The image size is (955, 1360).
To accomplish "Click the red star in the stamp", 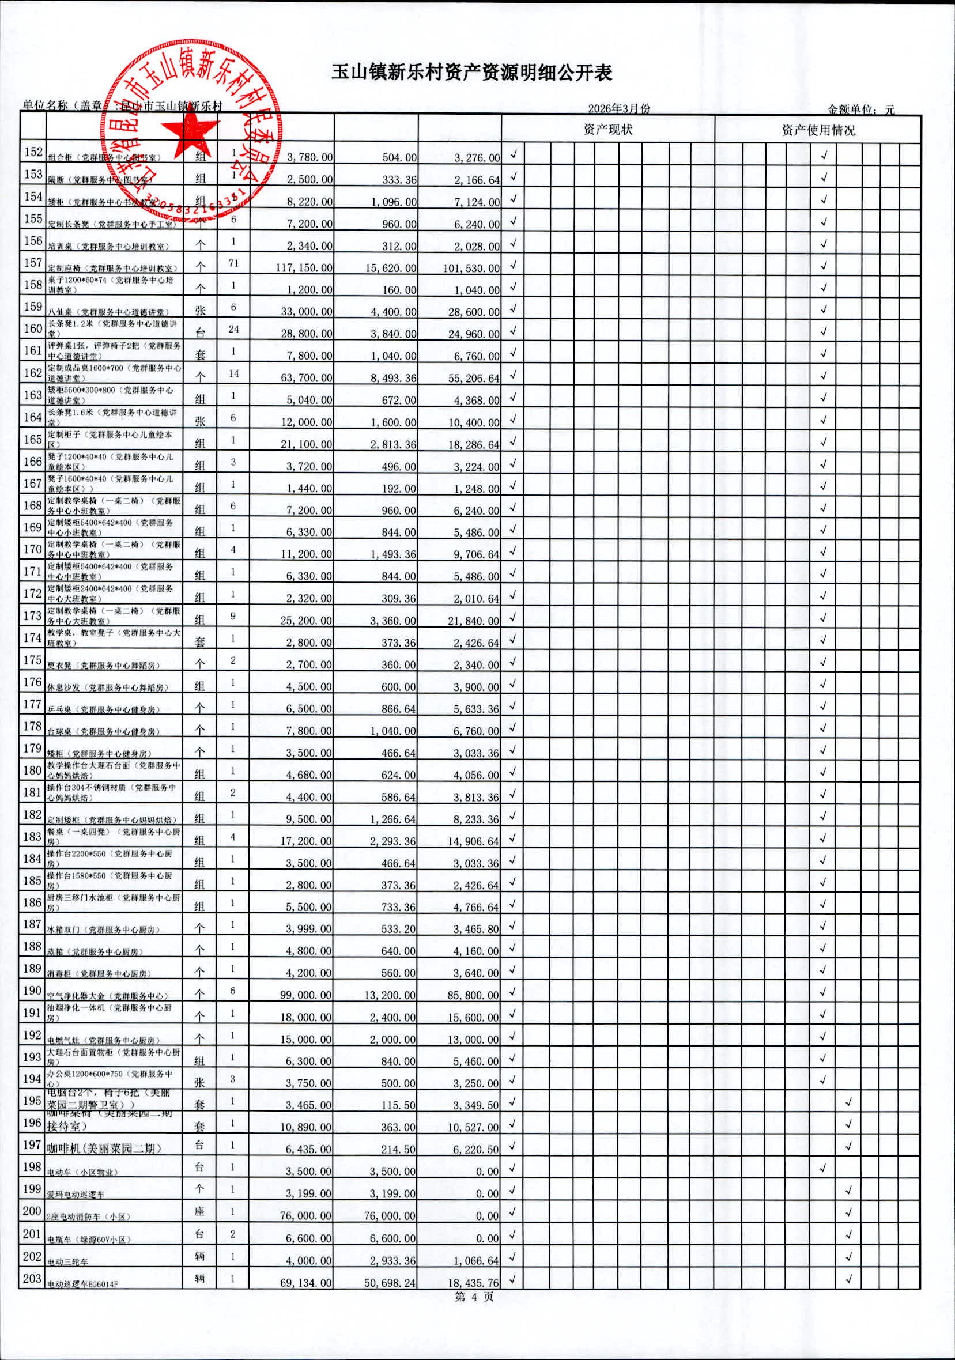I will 191,130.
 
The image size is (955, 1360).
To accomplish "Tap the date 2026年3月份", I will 619,108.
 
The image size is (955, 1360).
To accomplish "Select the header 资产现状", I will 608,129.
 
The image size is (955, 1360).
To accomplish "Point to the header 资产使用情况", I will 818,130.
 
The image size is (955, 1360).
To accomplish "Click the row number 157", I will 33,262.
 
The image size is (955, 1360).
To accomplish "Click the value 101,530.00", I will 471,268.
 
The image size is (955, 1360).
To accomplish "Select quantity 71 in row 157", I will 233,263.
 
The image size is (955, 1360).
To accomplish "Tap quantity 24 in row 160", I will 233,328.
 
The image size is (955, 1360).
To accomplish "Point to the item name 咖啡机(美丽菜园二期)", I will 104,1148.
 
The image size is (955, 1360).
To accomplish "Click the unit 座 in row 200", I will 199,1211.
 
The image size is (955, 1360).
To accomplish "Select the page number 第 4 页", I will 473,1297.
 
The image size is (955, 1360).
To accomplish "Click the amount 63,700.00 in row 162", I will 306,378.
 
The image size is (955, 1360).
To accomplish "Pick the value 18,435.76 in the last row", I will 473,1282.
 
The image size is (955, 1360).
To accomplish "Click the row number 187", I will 33,923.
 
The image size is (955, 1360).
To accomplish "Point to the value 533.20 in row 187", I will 398,929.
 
